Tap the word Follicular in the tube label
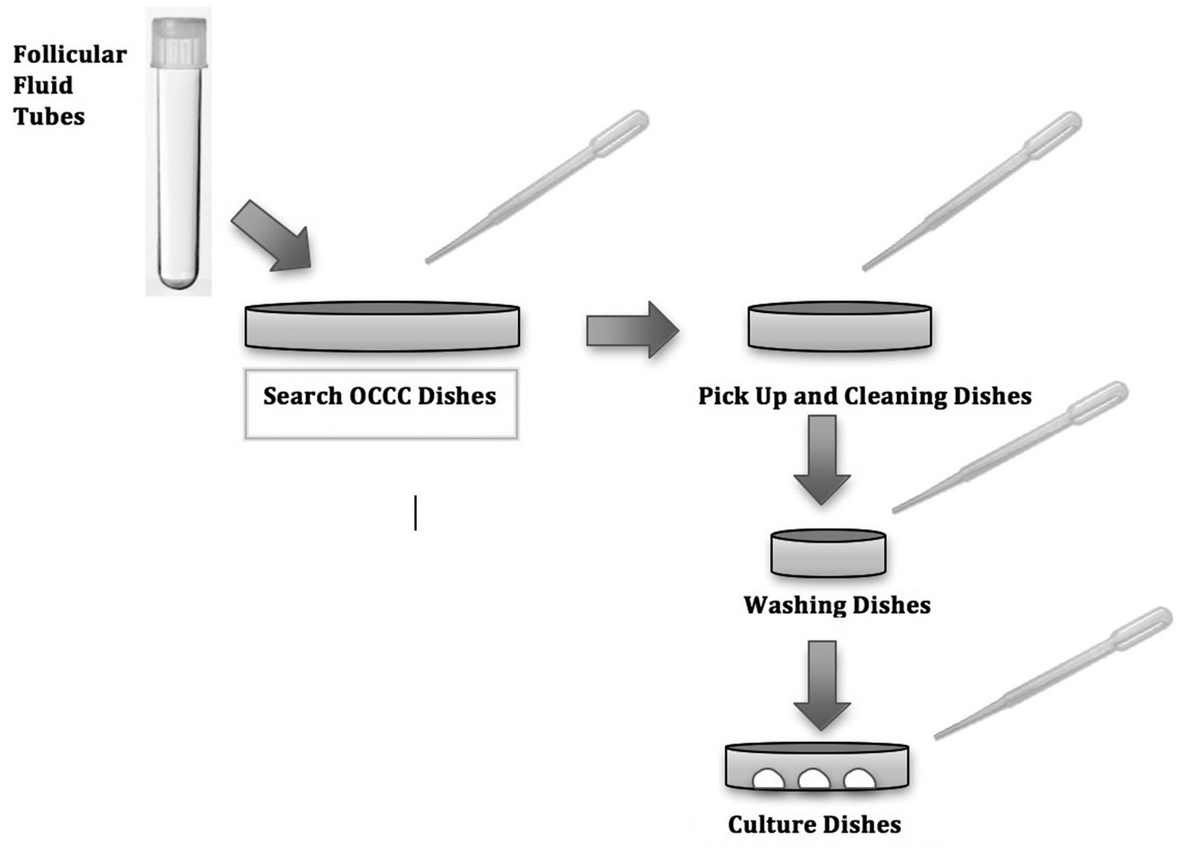pos(70,54)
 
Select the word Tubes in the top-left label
pos(49,116)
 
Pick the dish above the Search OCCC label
pos(382,326)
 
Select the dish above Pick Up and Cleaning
pos(839,326)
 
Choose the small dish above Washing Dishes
pos(828,553)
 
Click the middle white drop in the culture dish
pos(813,779)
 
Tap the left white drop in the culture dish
pos(769,779)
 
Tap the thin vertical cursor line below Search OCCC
pos(415,513)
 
